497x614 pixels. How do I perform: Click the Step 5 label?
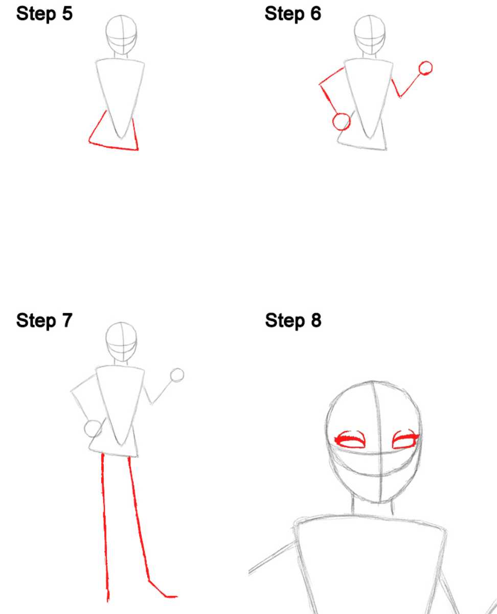coord(44,14)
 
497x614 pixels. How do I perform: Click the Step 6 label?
coord(292,14)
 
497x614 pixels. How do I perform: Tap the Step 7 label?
coord(44,320)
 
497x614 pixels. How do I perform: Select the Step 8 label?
coord(293,320)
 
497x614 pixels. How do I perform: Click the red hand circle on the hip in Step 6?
coord(341,122)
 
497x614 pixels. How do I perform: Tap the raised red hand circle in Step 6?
coord(425,69)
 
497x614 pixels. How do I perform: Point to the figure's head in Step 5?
coord(121,35)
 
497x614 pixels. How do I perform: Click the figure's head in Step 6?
coord(370,35)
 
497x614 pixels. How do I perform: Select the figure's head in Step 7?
coord(121,342)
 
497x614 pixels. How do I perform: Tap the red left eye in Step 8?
coord(350,440)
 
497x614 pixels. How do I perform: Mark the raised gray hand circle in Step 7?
coord(177,376)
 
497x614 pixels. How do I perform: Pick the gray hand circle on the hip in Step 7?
coord(93,429)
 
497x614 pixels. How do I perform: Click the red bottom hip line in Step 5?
coord(114,146)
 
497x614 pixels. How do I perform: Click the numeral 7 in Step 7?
coord(67,320)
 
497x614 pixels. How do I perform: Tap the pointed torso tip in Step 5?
coord(121,138)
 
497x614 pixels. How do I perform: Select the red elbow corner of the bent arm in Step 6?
coord(320,84)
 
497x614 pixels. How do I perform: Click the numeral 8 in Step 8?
coord(316,320)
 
